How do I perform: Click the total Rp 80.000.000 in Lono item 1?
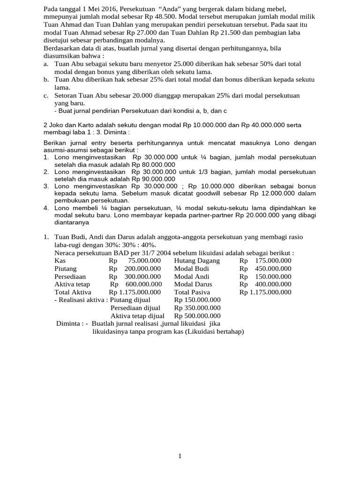click(153, 165)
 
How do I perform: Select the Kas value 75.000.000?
click(144, 261)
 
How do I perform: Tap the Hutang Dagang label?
click(197, 261)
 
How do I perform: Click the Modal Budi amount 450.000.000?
click(274, 269)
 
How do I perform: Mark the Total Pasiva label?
click(192, 292)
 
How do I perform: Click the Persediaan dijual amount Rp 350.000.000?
click(197, 308)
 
